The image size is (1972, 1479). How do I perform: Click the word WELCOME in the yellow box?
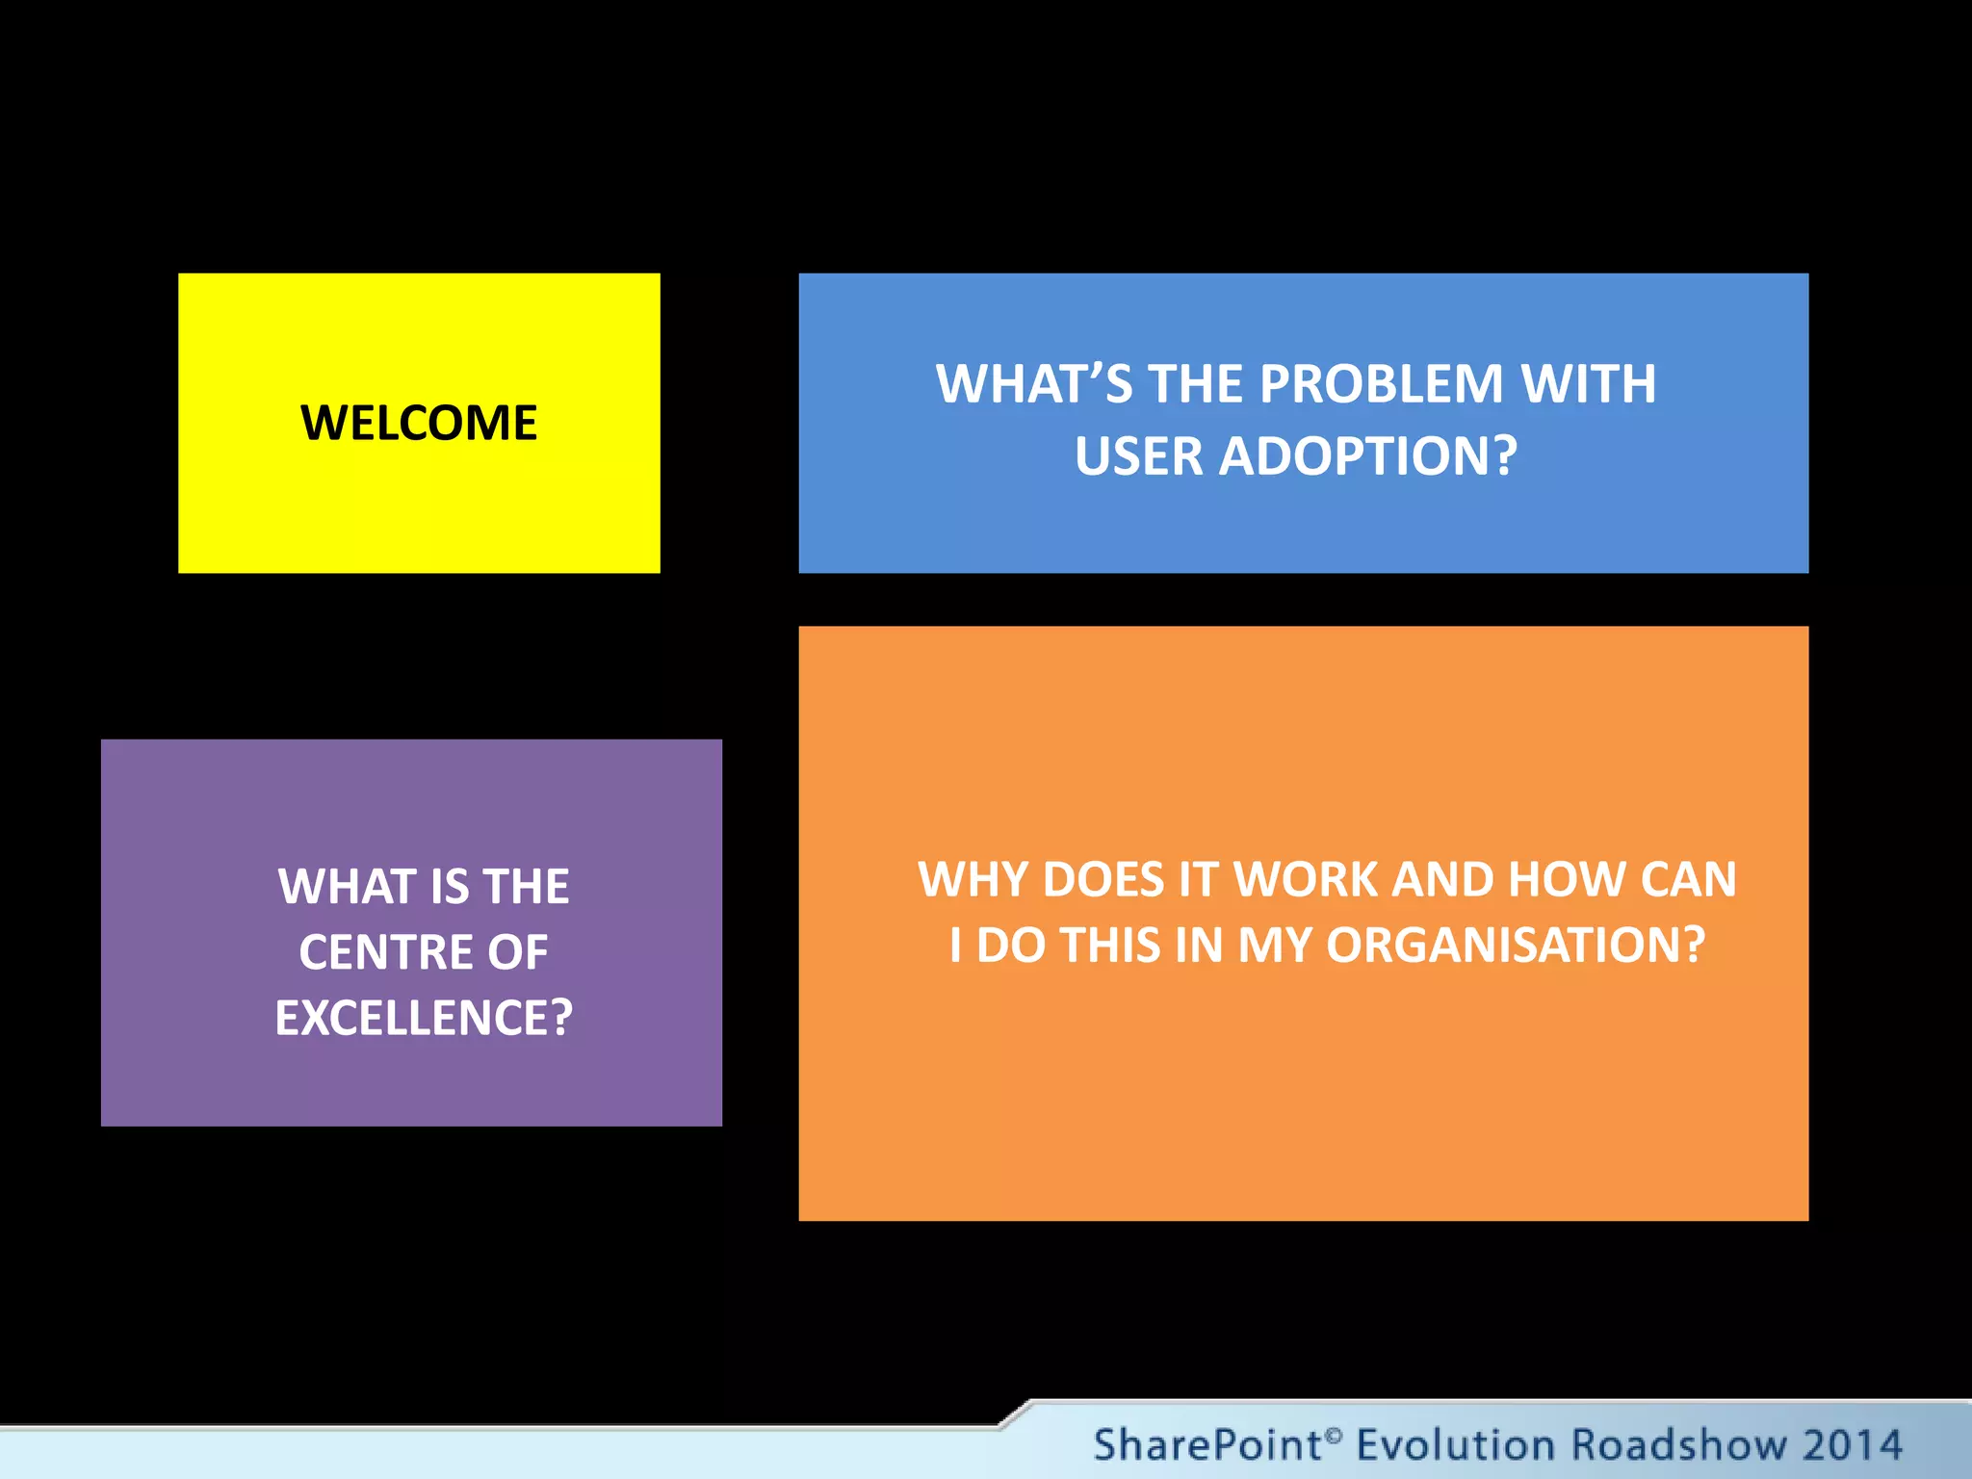point(419,424)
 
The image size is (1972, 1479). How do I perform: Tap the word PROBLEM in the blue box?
point(1381,384)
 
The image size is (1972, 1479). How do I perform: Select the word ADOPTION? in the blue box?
point(1368,456)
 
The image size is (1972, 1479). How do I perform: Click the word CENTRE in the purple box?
point(382,952)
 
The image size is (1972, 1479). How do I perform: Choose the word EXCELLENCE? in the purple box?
point(424,1019)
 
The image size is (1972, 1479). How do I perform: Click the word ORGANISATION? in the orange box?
point(1516,946)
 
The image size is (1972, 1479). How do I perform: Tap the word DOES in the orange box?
point(1103,880)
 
